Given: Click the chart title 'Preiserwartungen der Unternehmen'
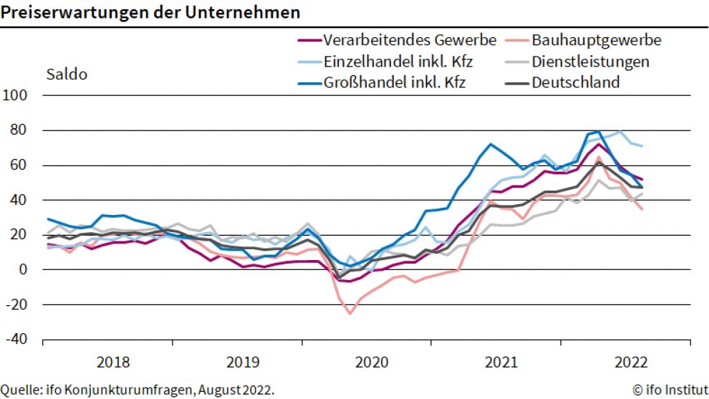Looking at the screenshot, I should click(x=150, y=12).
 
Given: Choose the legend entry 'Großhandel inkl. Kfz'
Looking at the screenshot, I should click(x=394, y=82).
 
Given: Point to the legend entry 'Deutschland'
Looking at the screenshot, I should click(x=575, y=82).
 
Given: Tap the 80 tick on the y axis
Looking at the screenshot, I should click(x=19, y=130).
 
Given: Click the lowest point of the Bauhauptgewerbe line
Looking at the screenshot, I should click(x=350, y=313).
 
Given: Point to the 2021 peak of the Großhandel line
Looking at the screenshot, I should click(x=491, y=144).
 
